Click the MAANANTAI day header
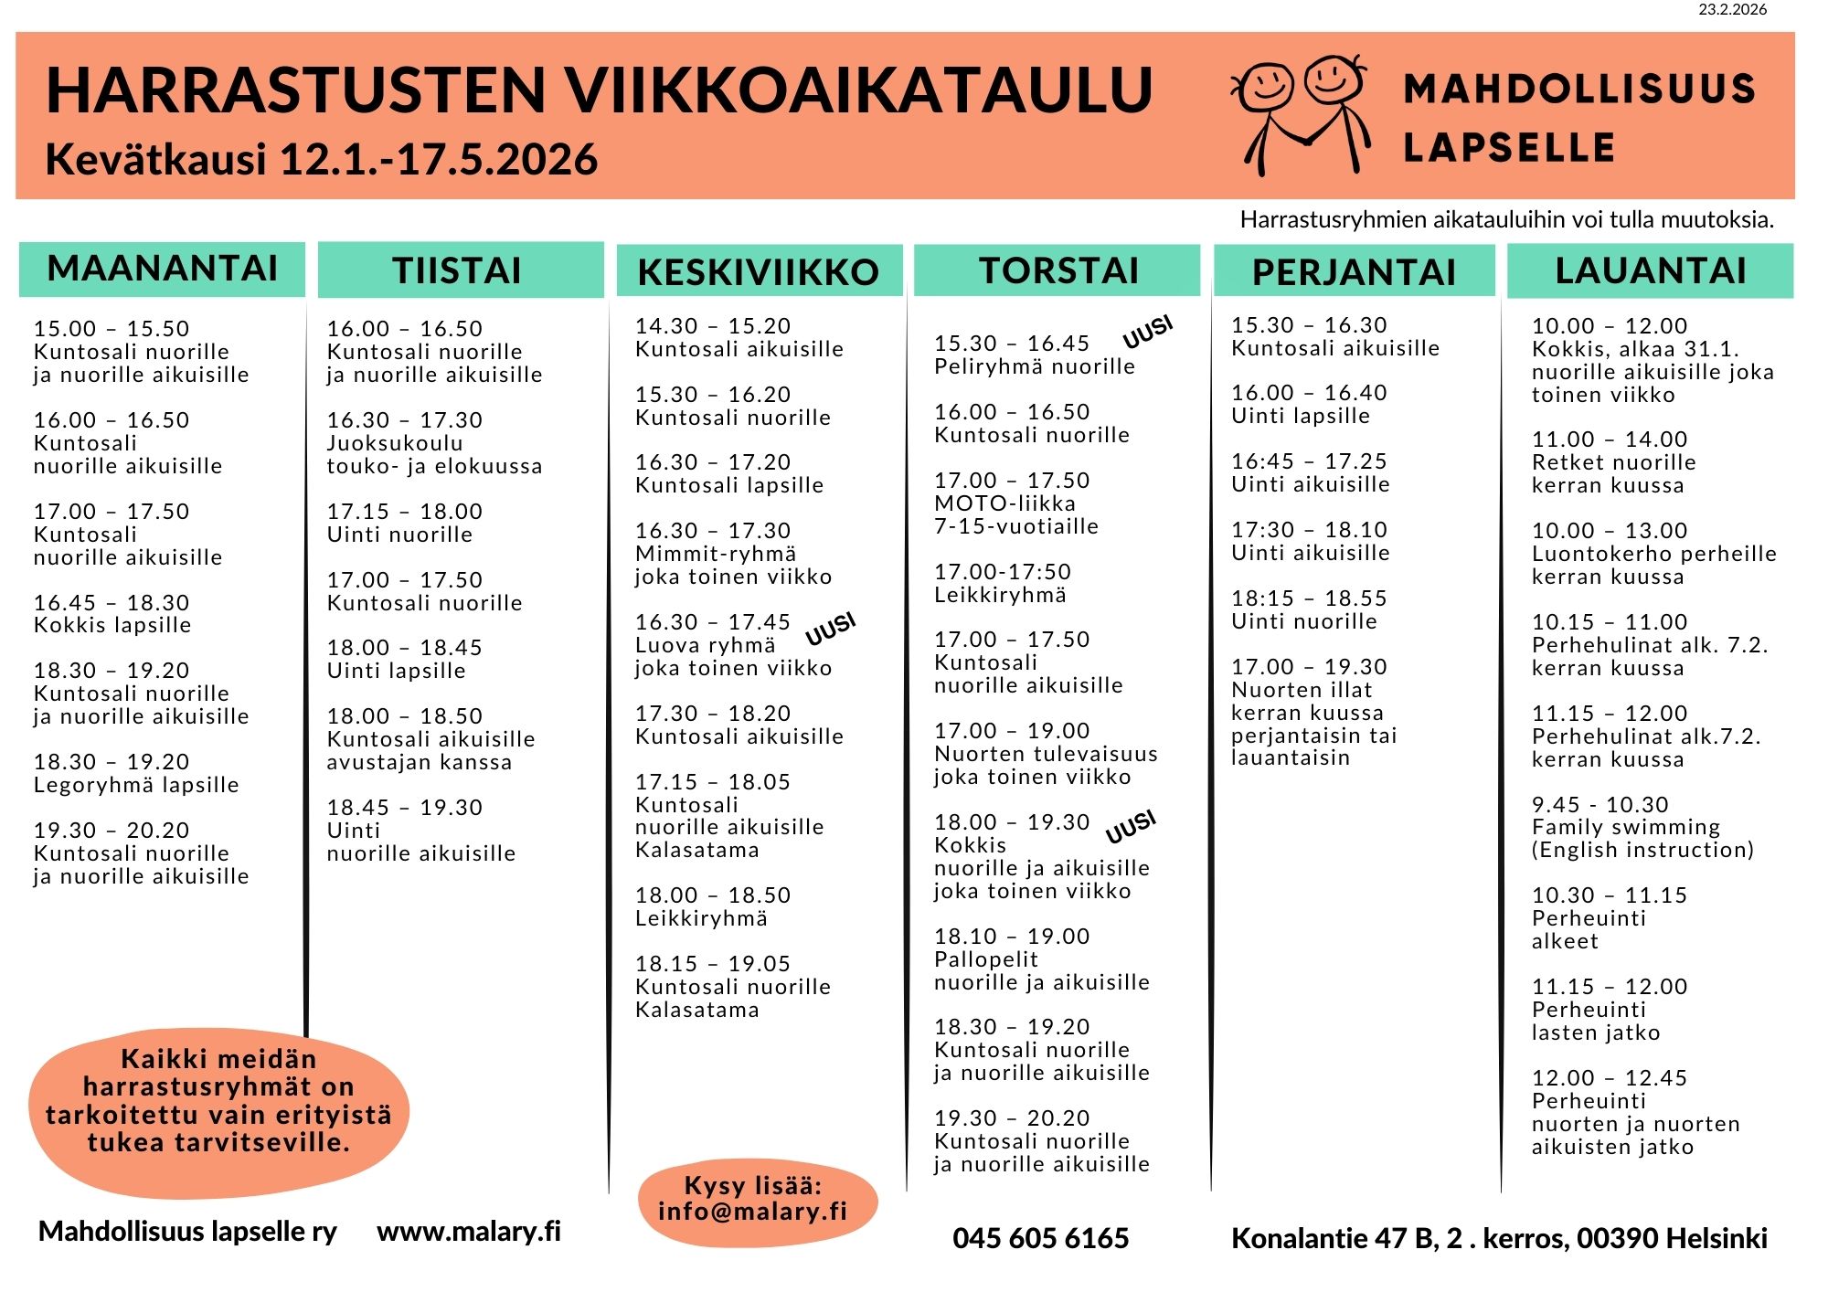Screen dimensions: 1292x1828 tap(162, 269)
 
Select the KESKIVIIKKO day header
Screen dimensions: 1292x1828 tap(759, 271)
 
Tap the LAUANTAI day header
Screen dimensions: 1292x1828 tap(1651, 270)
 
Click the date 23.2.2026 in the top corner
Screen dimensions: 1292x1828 tap(1733, 9)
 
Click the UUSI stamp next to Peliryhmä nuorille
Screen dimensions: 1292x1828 tap(1147, 333)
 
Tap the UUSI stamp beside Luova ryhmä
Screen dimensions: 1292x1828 tap(830, 629)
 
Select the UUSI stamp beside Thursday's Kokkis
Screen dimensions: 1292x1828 tap(1131, 826)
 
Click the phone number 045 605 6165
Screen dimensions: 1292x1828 tap(1040, 1238)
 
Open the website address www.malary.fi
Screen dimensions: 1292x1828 tap(469, 1231)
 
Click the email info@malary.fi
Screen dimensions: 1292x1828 tap(752, 1212)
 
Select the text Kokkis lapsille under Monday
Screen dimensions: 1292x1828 tap(112, 625)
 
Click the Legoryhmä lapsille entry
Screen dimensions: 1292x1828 tap(136, 785)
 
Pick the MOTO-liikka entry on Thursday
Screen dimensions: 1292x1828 tap(1004, 503)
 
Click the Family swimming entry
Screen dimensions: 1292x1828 tap(1626, 827)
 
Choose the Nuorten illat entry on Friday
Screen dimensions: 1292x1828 tap(1302, 690)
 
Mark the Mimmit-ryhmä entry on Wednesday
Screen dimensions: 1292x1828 tap(716, 554)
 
